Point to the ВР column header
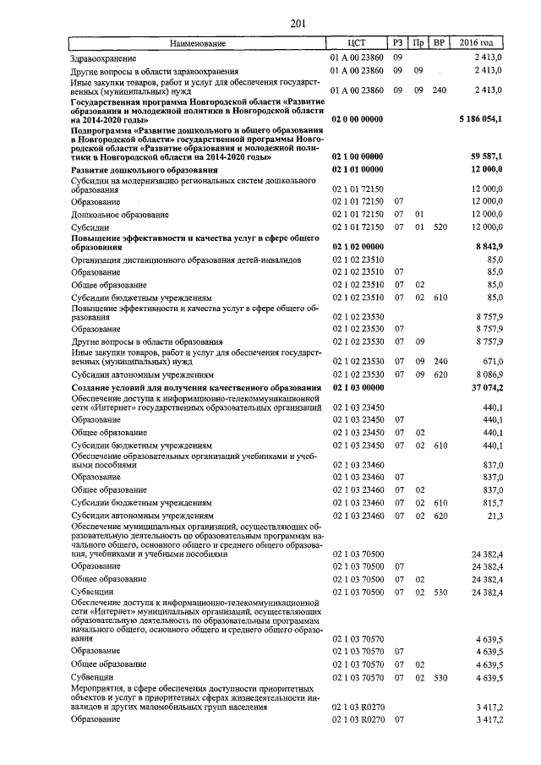point(438,43)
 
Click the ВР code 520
point(439,227)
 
